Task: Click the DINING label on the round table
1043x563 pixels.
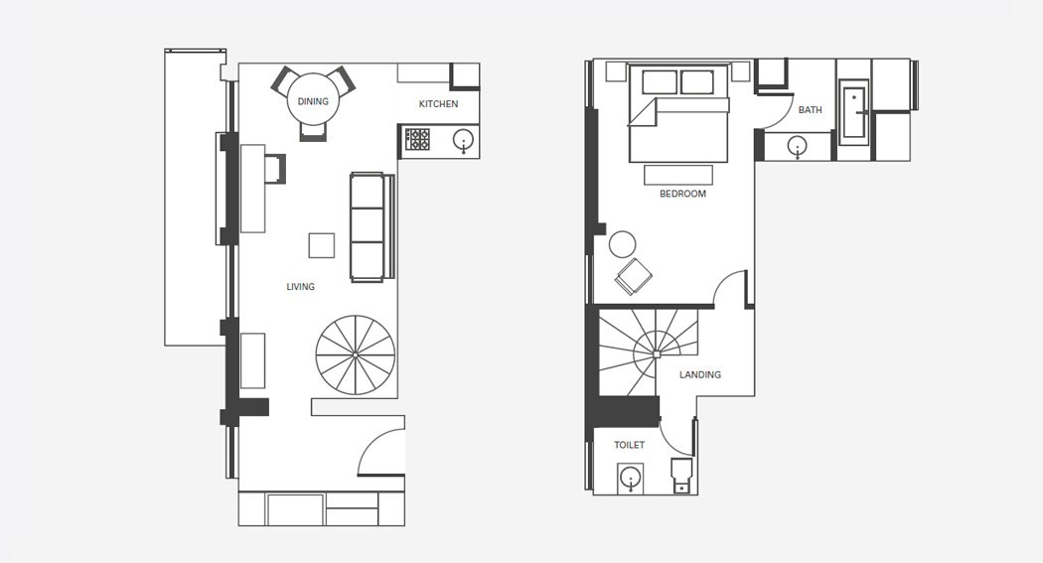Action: pos(313,101)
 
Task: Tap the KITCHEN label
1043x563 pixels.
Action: pos(438,103)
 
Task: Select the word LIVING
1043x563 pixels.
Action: pos(301,287)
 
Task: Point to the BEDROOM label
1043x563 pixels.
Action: pos(682,194)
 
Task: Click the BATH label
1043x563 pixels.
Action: pos(811,109)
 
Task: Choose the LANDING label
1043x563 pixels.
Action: pos(699,375)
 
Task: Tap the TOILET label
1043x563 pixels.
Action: pos(629,445)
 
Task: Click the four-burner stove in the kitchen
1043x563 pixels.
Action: pos(417,140)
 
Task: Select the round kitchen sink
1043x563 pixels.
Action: pos(463,140)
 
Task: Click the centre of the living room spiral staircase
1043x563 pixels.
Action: pos(356,355)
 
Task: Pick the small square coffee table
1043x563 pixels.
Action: pos(321,245)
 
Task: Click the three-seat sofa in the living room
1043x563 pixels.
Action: pos(372,227)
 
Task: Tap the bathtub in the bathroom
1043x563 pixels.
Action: pos(854,112)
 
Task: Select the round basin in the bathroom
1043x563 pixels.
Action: pos(797,146)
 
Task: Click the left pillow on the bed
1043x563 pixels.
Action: pos(660,81)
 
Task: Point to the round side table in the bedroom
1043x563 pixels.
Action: pos(623,244)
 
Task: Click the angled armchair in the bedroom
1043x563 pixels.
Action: pos(634,276)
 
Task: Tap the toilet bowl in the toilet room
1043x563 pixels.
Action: pos(681,475)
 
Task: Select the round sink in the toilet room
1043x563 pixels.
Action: pos(630,478)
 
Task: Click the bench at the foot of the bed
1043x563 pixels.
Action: pos(678,175)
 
